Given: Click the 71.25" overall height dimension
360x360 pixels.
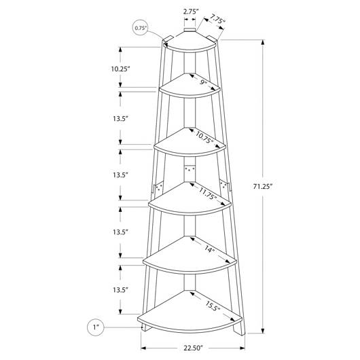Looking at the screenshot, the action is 262,186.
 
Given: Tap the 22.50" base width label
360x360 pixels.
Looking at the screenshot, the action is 194,348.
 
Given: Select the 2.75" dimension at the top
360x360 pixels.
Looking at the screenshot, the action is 190,12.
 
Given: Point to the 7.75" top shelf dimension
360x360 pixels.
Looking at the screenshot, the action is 217,19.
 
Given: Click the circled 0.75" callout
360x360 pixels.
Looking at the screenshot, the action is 141,28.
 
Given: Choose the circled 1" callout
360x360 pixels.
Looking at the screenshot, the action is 96,327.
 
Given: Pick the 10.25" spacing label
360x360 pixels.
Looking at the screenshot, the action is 120,69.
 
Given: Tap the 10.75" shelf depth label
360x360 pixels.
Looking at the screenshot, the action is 204,137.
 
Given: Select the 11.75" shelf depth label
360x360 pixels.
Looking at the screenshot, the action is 208,194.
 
